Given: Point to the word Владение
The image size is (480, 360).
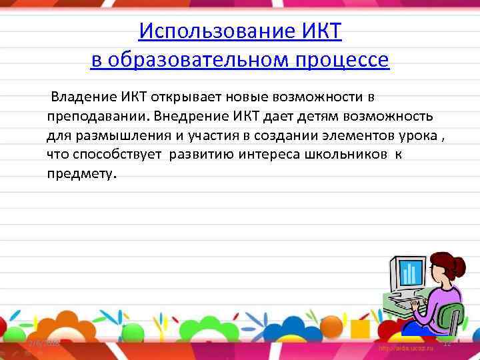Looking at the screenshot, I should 79,99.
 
